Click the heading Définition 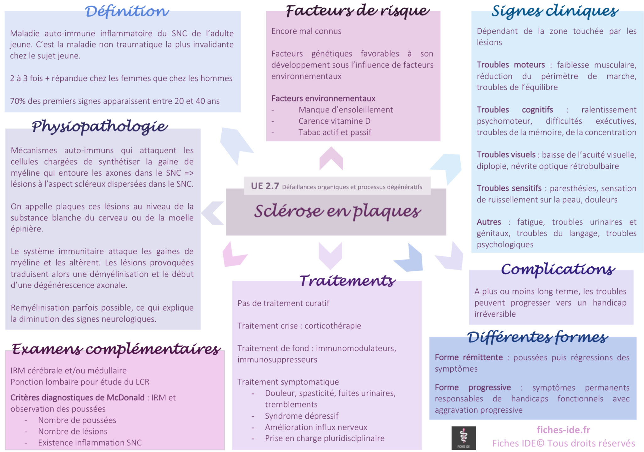coord(127,11)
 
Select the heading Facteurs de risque coord(358,11)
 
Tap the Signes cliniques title coord(555,11)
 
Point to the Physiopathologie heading coord(100,127)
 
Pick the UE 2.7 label coord(265,186)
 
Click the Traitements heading coord(347,280)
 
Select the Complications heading coord(558,269)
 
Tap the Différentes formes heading coord(537,337)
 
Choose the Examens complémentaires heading coord(116,349)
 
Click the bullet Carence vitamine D coord(335,121)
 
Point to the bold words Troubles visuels coord(506,155)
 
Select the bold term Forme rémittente coord(469,357)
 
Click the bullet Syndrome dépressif coord(302,416)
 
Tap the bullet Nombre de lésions coord(73,431)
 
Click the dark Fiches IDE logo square coord(464,438)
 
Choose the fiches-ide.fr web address coord(563,430)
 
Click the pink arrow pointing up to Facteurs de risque coord(331,158)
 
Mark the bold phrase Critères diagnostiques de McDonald coord(77,397)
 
